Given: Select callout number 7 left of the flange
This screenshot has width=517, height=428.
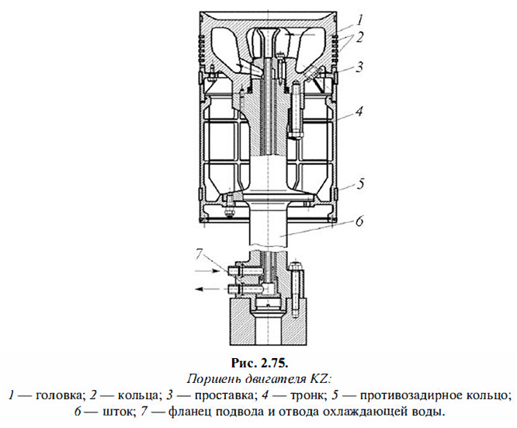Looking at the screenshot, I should [x=199, y=253].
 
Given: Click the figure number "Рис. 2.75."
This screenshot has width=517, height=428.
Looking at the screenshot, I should [x=259, y=362].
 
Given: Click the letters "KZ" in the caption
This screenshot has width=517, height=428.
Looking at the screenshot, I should [x=320, y=378].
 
